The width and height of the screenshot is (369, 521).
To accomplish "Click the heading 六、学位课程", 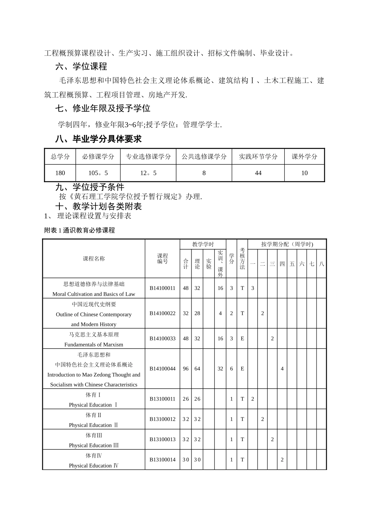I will click(81, 67).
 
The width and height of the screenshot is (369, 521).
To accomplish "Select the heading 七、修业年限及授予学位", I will click(103, 109).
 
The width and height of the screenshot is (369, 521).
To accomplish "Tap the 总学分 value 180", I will click(60, 173).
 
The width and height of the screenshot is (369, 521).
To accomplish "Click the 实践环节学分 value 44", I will click(258, 173).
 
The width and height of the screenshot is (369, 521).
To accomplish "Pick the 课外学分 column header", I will click(305, 157).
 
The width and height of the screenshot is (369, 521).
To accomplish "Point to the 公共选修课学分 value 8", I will click(204, 173).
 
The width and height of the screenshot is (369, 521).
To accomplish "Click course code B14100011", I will click(162, 288).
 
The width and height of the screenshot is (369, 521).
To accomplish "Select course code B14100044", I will click(162, 369).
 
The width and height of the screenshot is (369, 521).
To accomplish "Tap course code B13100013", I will click(162, 439).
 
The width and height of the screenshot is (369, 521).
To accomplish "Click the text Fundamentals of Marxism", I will click(94, 344).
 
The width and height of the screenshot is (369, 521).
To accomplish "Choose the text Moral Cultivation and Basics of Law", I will click(94, 294).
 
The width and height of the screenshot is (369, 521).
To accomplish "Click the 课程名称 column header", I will click(94, 259).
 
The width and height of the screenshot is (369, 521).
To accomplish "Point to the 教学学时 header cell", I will click(203, 244).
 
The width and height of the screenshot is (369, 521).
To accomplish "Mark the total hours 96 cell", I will click(186, 369).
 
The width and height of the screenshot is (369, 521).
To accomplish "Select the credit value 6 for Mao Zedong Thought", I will click(231, 369).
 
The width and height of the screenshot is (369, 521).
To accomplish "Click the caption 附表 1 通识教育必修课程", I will click(80, 230).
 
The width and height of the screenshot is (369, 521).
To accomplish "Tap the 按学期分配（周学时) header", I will click(287, 244).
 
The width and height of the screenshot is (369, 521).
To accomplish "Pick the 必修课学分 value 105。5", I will click(98, 173).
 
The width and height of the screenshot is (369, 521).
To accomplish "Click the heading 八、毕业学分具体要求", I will click(99, 139).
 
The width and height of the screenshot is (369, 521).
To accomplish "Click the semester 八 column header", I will click(322, 264).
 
